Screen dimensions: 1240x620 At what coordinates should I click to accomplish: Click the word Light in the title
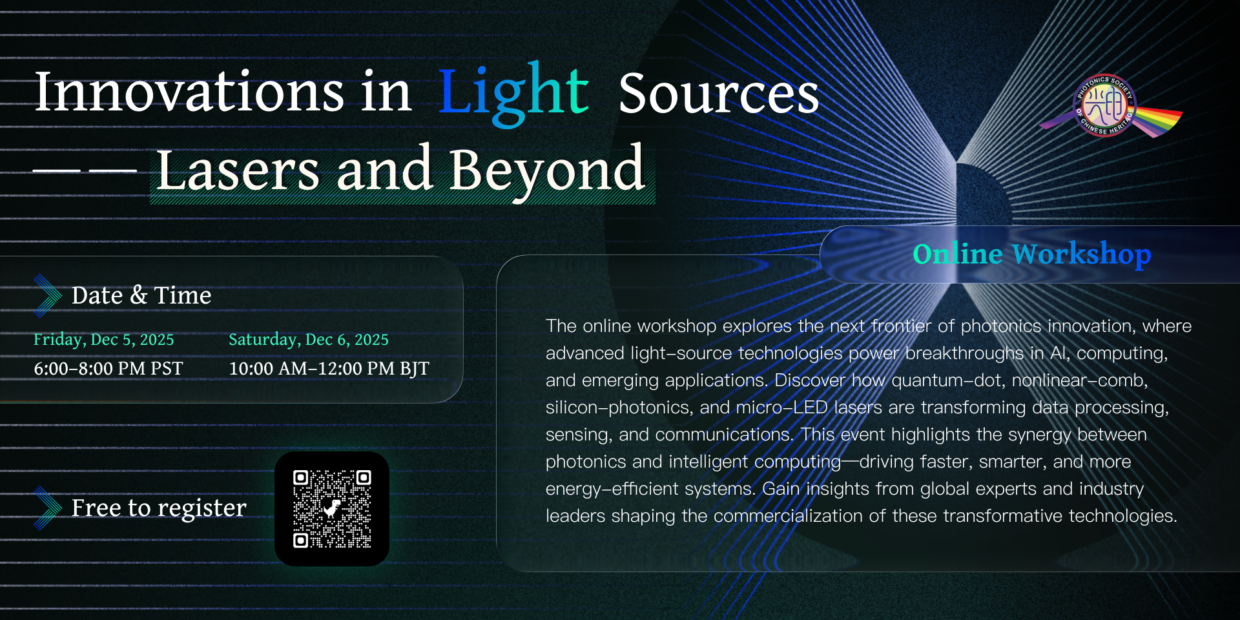click(x=513, y=94)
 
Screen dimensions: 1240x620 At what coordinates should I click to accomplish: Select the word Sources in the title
click(x=719, y=93)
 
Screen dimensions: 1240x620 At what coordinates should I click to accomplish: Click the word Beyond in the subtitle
click(x=547, y=170)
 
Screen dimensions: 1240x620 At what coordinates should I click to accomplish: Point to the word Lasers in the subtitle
click(x=238, y=169)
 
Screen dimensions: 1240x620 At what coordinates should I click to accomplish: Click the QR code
click(x=332, y=509)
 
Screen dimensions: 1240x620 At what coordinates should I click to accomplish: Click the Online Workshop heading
click(x=1031, y=254)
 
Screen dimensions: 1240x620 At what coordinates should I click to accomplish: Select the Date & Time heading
click(x=141, y=296)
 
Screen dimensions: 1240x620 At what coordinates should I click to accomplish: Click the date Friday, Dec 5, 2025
click(x=104, y=340)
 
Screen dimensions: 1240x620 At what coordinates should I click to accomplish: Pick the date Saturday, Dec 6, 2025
click(x=309, y=340)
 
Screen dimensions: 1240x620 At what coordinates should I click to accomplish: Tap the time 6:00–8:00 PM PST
click(x=108, y=369)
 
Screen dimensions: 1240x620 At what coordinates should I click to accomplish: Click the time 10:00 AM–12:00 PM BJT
click(x=329, y=369)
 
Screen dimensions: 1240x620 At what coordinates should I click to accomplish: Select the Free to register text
click(x=159, y=508)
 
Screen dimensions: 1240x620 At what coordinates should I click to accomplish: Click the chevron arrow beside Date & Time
click(x=47, y=296)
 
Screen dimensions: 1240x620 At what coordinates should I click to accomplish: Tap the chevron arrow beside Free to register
click(x=47, y=508)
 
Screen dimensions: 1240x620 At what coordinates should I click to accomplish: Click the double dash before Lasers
click(x=85, y=171)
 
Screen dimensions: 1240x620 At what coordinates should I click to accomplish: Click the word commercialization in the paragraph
click(x=788, y=516)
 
